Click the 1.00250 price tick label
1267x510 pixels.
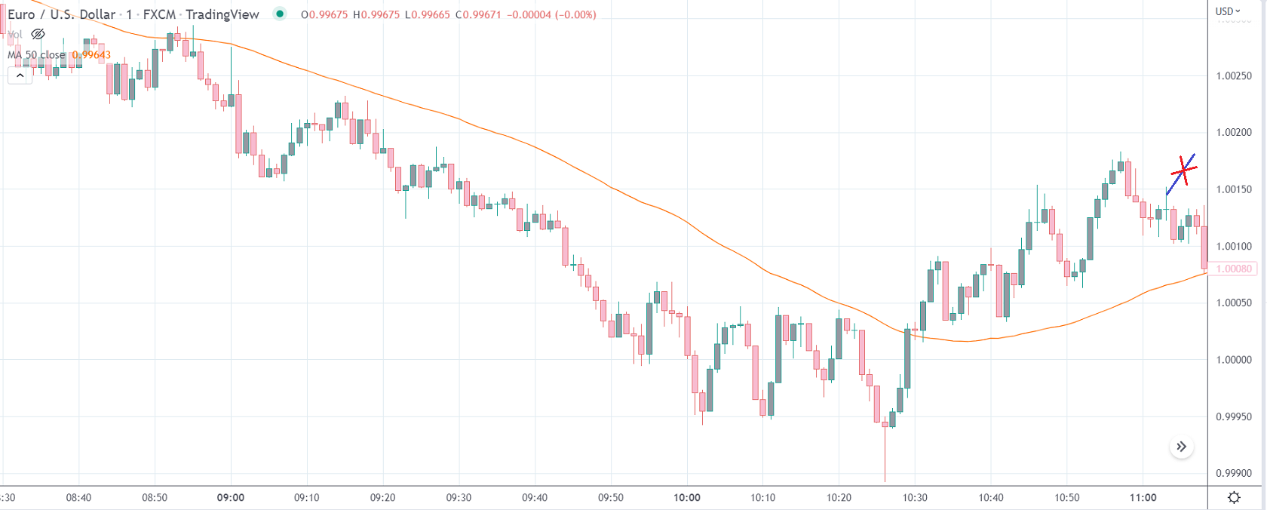pos(1233,75)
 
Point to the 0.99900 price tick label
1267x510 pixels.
pos(1233,473)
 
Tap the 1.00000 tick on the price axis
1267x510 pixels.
pos(1233,360)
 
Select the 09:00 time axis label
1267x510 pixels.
pos(231,497)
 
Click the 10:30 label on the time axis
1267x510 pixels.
pos(915,497)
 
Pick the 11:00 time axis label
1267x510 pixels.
pos(1143,497)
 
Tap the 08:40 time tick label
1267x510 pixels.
pos(78,497)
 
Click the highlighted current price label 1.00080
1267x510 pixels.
pos(1234,269)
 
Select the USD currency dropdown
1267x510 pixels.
pos(1227,11)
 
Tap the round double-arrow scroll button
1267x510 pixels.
pos(1182,447)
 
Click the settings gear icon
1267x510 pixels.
pos(1234,497)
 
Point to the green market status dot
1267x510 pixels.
pos(280,14)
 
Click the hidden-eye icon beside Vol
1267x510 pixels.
pos(38,34)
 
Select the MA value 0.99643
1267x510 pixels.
pos(91,54)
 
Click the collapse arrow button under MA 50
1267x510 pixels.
pos(20,75)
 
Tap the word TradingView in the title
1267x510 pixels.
pos(222,14)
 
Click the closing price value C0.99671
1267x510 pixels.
pos(478,14)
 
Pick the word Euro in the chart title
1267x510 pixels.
pos(21,14)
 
